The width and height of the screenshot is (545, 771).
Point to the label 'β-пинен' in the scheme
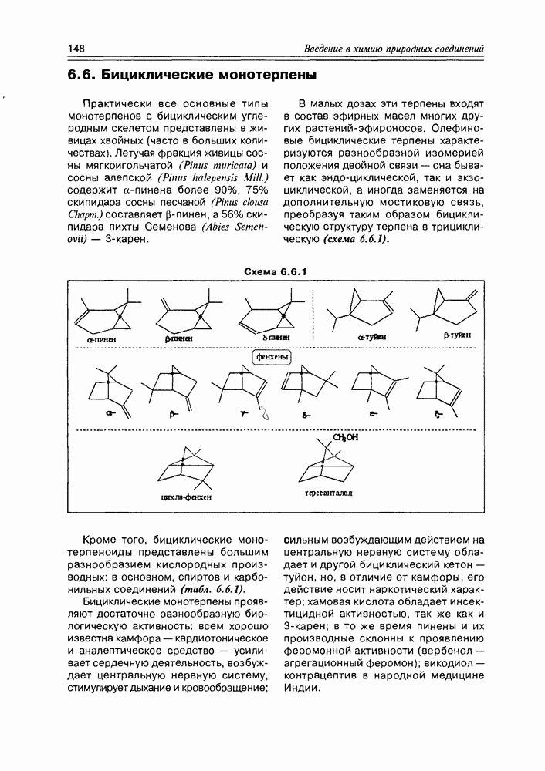[x=179, y=338]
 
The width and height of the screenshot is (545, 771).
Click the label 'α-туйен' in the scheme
[x=372, y=337]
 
